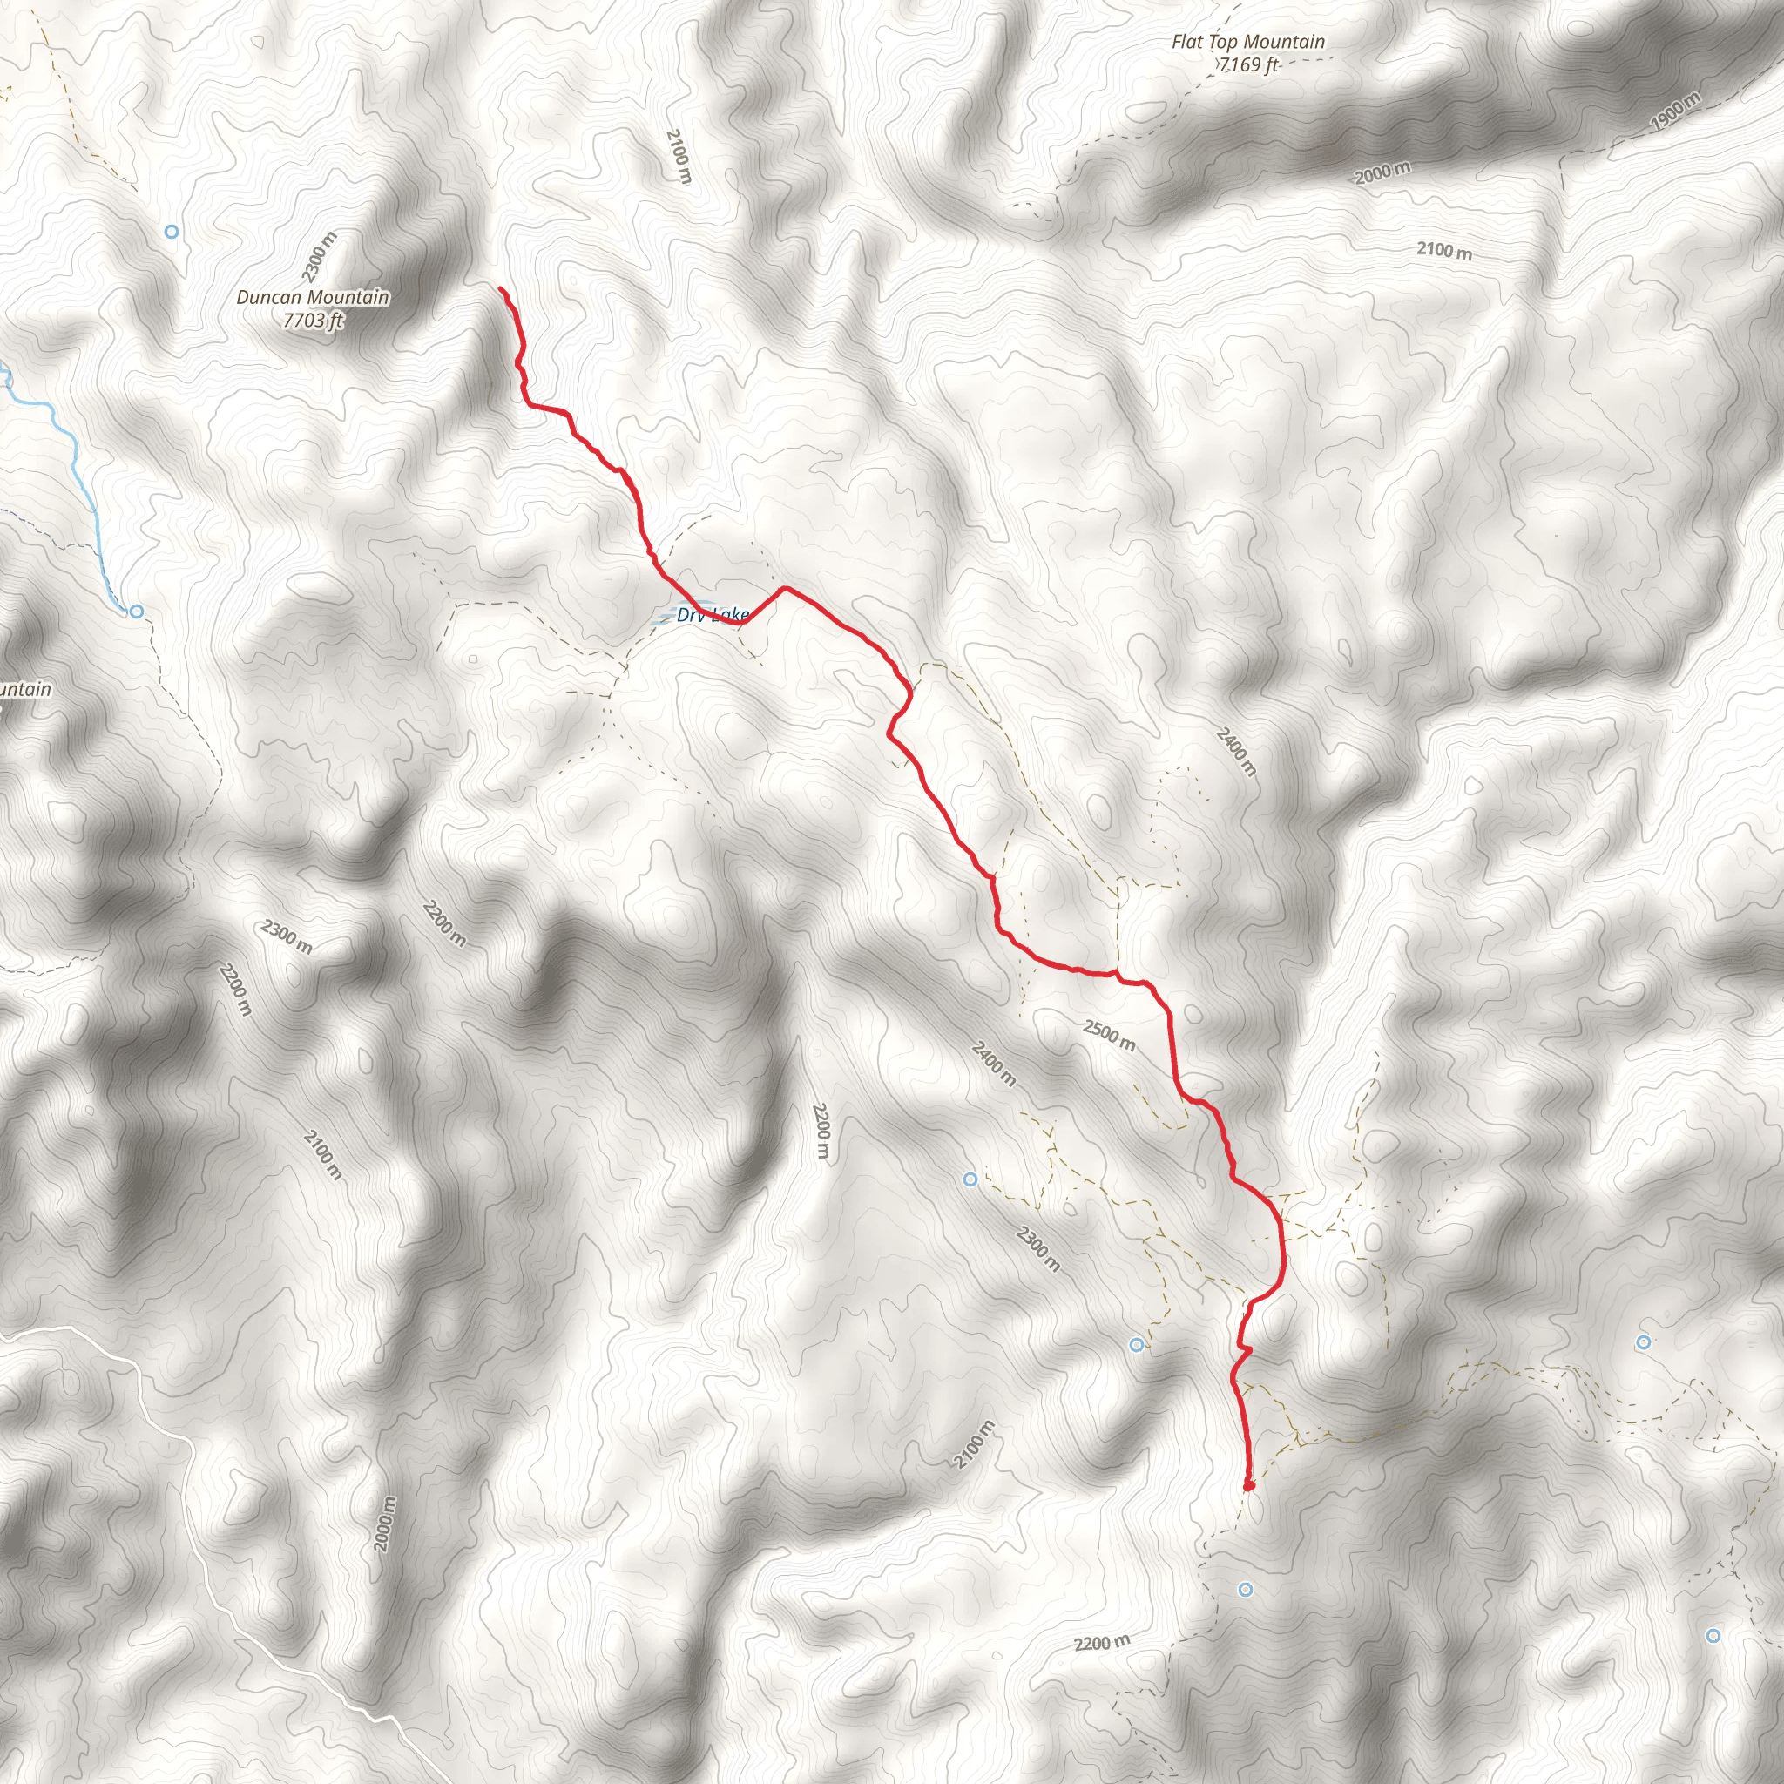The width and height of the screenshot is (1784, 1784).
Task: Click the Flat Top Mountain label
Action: click(x=1247, y=42)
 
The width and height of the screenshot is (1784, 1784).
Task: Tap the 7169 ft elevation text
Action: click(x=1248, y=64)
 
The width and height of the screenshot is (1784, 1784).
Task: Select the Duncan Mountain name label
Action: click(x=312, y=297)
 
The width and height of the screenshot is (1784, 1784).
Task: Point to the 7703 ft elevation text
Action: click(x=313, y=321)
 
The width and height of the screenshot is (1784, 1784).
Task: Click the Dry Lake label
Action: click(x=712, y=615)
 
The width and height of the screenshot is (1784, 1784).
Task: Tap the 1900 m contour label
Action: click(x=1673, y=111)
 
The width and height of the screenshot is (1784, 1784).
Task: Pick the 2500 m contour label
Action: click(x=1109, y=1034)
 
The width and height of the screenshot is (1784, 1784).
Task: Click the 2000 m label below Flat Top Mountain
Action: click(x=1382, y=172)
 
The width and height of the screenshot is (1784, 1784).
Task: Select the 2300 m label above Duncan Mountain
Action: click(x=320, y=256)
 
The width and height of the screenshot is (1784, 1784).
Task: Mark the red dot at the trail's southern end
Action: click(x=1248, y=1486)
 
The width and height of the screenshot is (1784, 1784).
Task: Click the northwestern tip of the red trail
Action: click(x=502, y=290)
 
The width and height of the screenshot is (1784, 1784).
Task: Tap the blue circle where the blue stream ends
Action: click(x=137, y=612)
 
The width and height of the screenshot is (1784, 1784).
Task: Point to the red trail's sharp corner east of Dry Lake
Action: click(x=784, y=587)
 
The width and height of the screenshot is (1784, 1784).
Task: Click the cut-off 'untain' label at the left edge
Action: click(x=25, y=690)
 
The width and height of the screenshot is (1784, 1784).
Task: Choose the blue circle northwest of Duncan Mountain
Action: click(x=171, y=232)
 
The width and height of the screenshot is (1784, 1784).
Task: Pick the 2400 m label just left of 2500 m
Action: click(x=994, y=1063)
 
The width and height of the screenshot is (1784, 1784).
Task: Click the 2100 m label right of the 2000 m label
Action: click(x=1444, y=250)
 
